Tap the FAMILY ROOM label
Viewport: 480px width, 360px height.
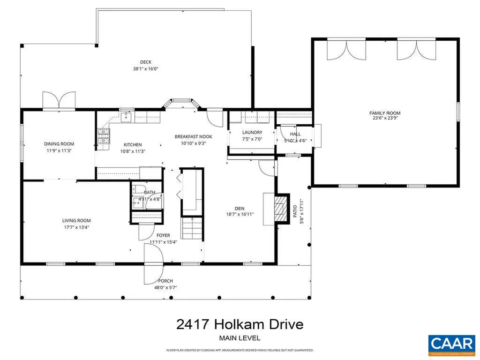tap(385, 113)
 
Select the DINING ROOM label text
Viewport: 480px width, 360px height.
tap(59, 144)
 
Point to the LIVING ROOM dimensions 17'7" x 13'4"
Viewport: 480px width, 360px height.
tap(76, 227)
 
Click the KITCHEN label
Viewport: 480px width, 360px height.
tap(133, 144)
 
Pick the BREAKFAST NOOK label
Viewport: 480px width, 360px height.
tap(194, 136)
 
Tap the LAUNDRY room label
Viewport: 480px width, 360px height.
tap(252, 133)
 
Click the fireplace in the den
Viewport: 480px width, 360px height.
tap(280, 208)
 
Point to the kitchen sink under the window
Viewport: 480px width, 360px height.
tap(127, 117)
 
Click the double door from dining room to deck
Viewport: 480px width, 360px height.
tap(59, 101)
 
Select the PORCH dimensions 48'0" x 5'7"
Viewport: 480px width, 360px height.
tap(166, 288)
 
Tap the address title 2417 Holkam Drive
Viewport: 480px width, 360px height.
tap(240, 324)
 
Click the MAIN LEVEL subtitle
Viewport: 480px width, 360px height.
tap(240, 337)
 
